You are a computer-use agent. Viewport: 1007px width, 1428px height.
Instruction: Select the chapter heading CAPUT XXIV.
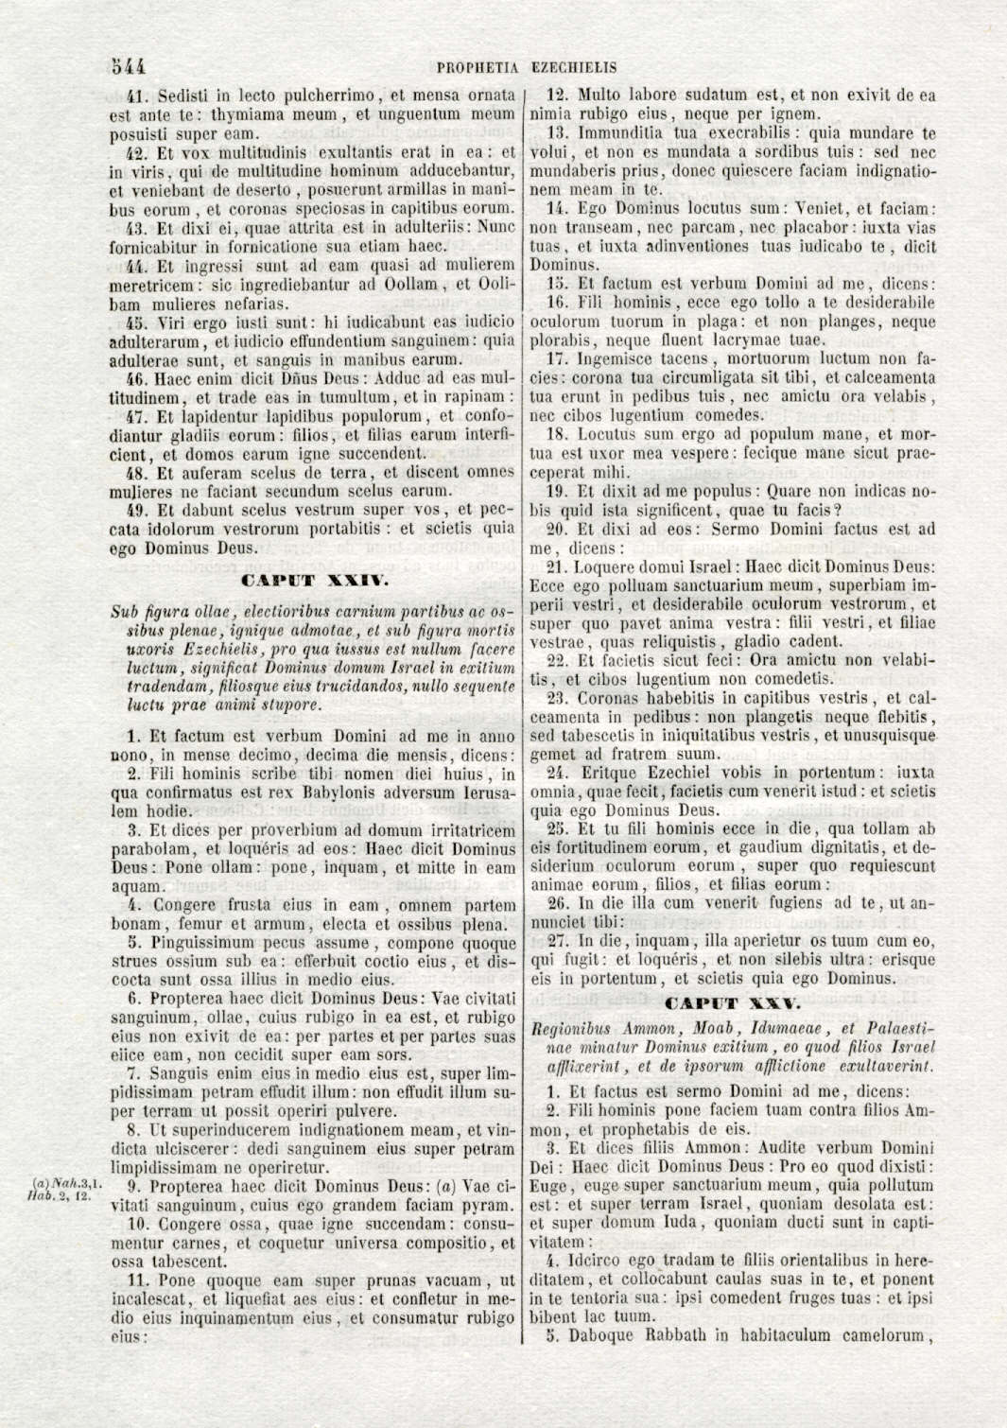[312, 578]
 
